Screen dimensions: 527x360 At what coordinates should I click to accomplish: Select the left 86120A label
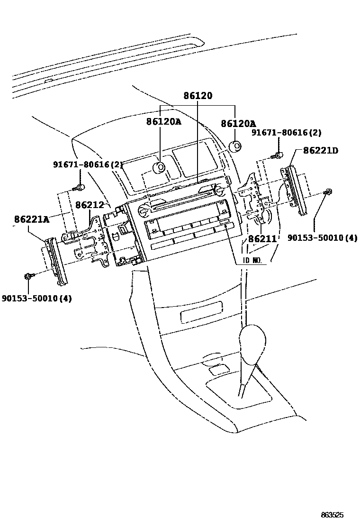click(x=163, y=121)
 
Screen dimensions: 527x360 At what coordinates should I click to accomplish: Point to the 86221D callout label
click(x=321, y=150)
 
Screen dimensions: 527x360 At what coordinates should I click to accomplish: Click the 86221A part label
click(x=32, y=219)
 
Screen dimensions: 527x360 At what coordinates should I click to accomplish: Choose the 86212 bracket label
click(x=90, y=205)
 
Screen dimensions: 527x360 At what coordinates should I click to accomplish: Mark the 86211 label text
click(x=262, y=239)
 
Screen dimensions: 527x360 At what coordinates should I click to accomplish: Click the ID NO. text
click(x=252, y=261)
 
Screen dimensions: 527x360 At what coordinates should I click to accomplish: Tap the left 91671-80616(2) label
click(x=88, y=165)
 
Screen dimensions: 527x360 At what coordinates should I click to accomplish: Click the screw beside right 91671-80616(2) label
click(x=279, y=154)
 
